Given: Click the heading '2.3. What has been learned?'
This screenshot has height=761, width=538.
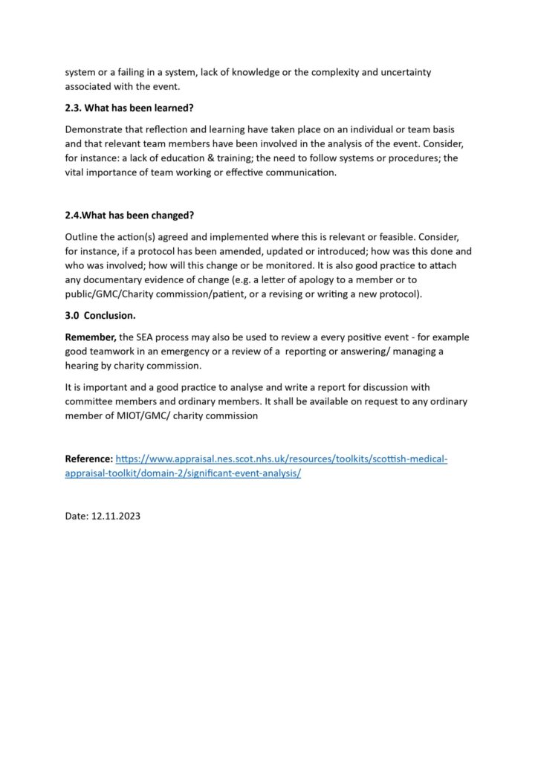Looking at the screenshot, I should [129, 107].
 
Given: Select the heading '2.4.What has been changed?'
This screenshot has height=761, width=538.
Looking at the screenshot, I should [129, 216].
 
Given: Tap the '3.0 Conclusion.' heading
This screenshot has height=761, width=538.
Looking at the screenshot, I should [100, 315].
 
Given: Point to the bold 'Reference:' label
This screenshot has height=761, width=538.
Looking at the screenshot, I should [89, 459].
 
